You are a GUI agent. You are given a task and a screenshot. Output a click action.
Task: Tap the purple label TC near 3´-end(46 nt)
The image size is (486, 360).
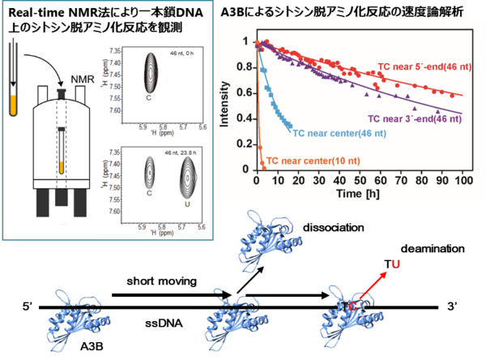[415, 118]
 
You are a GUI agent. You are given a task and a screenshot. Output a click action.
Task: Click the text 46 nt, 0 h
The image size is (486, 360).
[187, 52]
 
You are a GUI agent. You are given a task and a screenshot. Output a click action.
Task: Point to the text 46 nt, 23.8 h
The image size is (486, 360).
[184, 154]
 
